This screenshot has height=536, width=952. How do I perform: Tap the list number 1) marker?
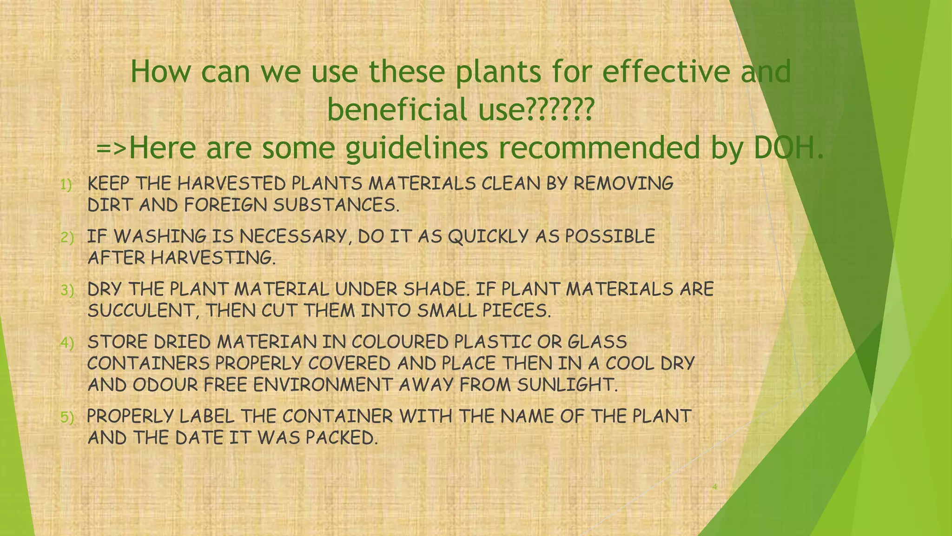pos(66,185)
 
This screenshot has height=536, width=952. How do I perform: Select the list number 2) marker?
pos(67,238)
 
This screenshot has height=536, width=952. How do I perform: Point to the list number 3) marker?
pos(67,291)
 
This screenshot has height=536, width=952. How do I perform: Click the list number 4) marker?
pos(67,343)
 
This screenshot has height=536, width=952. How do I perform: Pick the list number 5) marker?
pos(67,417)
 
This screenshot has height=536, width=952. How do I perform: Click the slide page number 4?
pos(715,487)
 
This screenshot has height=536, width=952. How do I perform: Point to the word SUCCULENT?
pos(141,311)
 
